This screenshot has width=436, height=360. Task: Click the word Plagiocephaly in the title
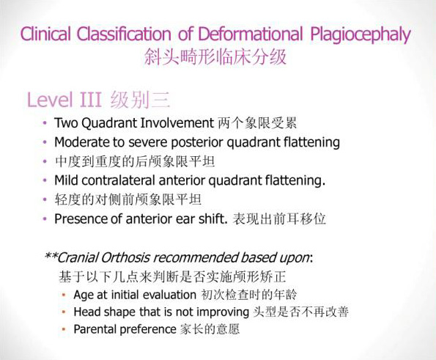(361, 34)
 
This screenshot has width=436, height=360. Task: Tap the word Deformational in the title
(251, 34)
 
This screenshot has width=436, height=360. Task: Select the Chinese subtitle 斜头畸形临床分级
(215, 57)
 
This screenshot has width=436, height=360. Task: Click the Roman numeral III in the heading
(90, 100)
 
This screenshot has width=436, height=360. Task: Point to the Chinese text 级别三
(140, 100)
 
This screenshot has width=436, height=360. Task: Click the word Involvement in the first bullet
(177, 123)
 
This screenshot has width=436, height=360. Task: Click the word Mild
(66, 180)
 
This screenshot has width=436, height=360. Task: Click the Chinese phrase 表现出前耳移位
(279, 219)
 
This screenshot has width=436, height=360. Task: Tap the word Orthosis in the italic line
(125, 258)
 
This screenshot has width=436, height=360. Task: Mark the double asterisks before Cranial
(51, 255)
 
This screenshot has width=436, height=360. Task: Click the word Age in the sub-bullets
(84, 295)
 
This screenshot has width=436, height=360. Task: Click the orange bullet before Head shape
(64, 312)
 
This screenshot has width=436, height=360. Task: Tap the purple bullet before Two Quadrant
(45, 123)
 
